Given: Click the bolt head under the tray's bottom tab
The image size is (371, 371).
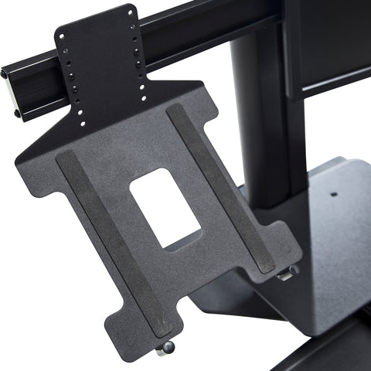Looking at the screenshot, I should [x=163, y=350].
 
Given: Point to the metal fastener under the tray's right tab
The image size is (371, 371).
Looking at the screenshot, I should [x=287, y=273].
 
